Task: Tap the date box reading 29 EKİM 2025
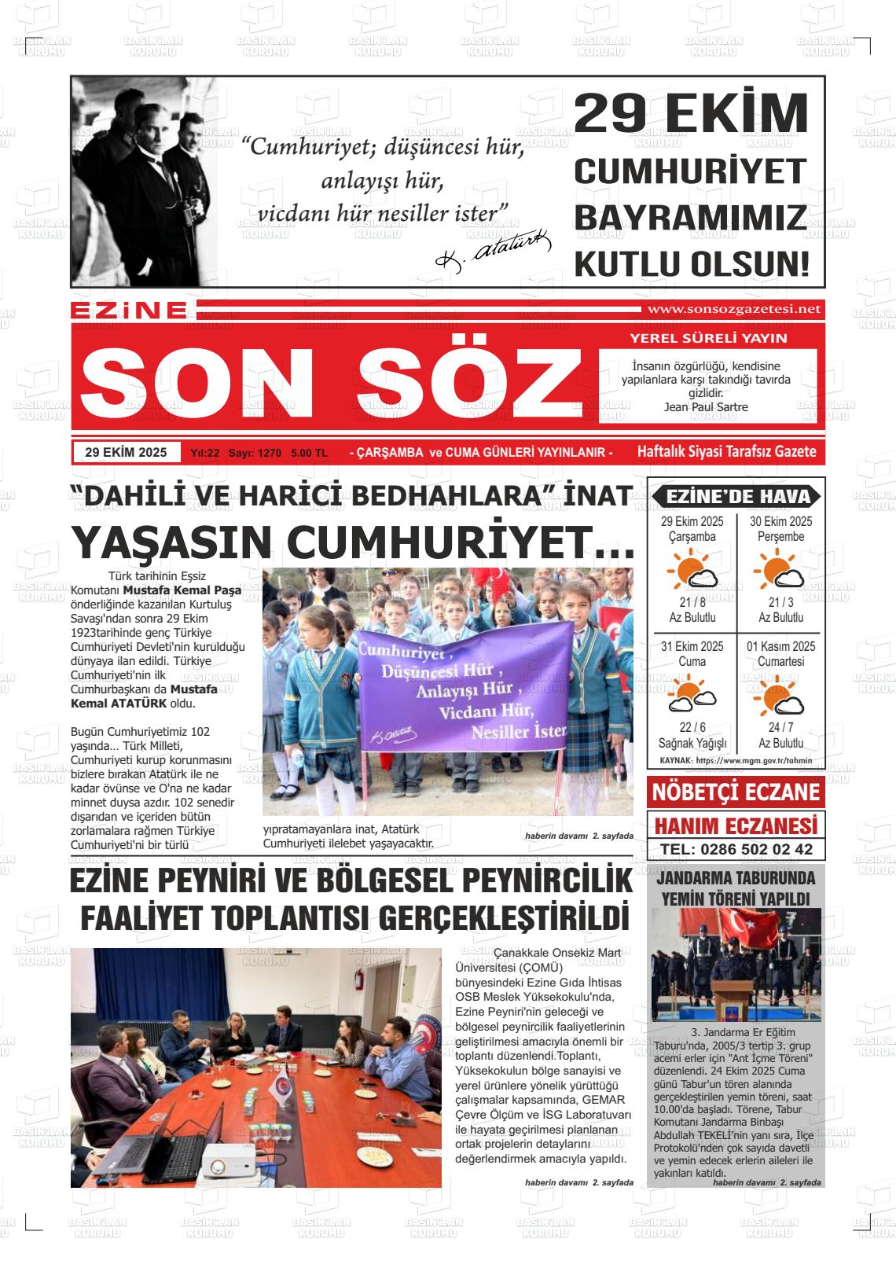click(x=126, y=453)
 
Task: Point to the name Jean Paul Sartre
click(x=706, y=407)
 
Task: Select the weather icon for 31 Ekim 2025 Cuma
click(x=692, y=695)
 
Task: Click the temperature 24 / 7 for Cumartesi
click(x=780, y=727)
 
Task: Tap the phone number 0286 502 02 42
click(x=736, y=850)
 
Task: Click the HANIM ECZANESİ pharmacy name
click(x=736, y=825)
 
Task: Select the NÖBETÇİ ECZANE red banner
click(x=736, y=792)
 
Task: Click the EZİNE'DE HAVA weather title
click(x=736, y=497)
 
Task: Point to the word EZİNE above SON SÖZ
click(x=128, y=311)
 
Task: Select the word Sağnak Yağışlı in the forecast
click(x=692, y=743)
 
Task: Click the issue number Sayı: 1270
click(x=255, y=454)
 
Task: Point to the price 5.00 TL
click(x=309, y=454)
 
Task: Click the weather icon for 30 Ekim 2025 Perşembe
click(x=778, y=570)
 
